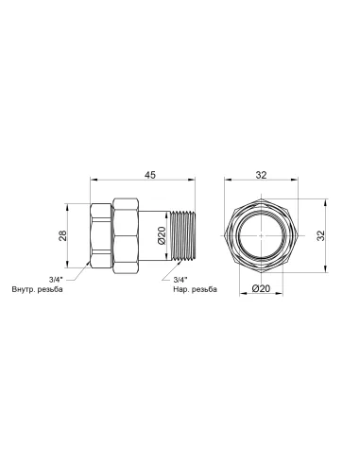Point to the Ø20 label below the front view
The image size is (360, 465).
click(x=262, y=289)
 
